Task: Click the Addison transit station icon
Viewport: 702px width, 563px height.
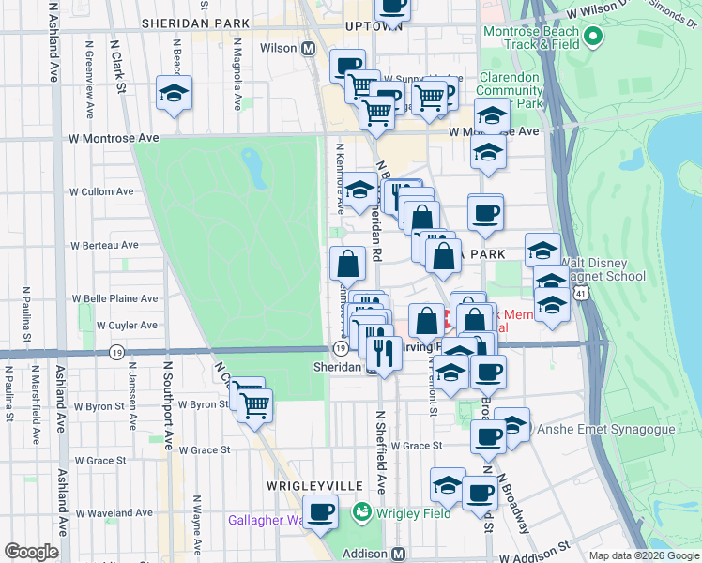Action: tap(398, 554)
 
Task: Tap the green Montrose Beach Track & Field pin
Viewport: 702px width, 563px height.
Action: tap(592, 38)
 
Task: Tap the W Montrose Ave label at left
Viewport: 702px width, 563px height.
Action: tap(114, 137)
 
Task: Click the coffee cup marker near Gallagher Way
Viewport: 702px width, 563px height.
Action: tap(321, 512)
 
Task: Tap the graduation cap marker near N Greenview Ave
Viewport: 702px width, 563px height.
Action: tap(174, 93)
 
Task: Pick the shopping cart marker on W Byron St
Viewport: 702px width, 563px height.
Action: tap(254, 405)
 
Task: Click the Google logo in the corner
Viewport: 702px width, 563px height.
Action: tap(32, 552)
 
